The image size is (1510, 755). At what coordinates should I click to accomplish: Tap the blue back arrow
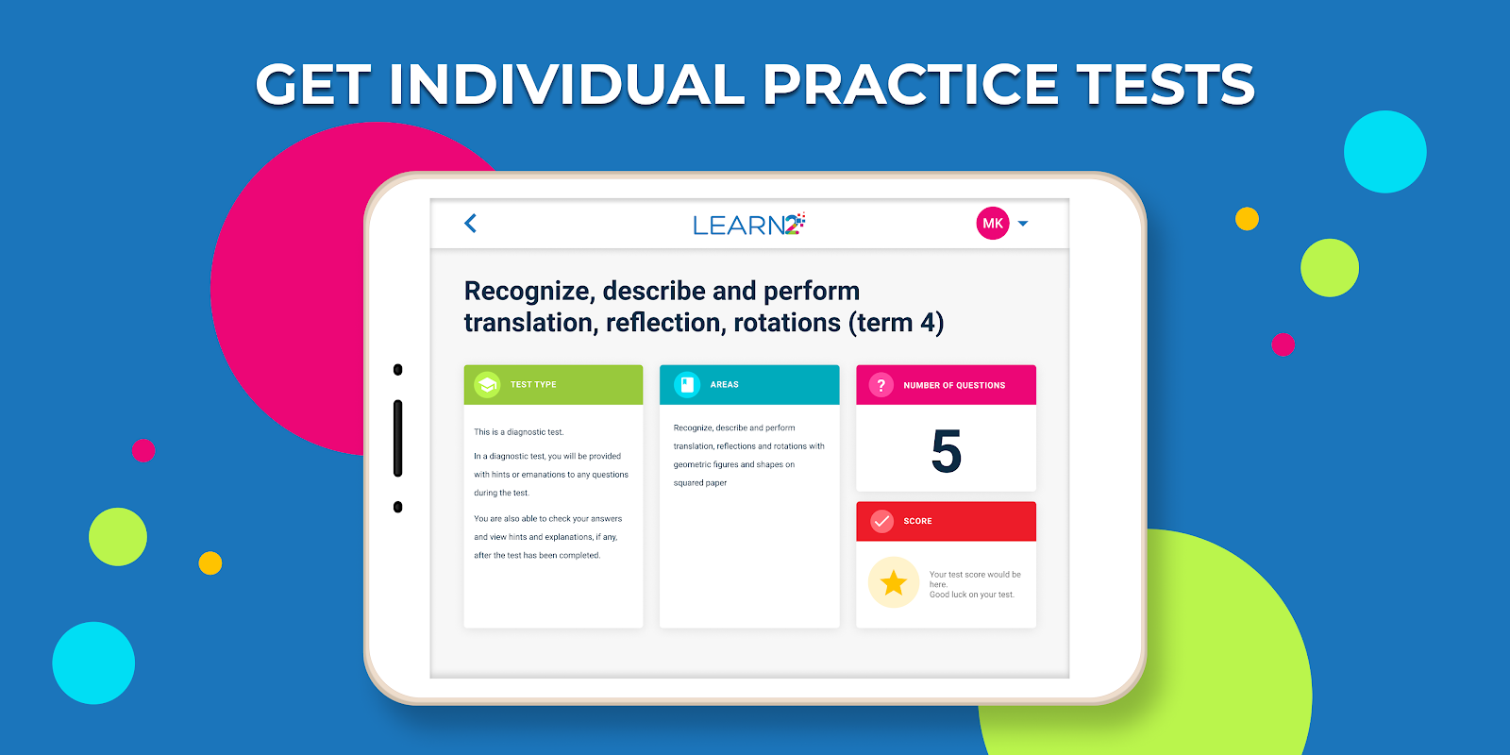click(x=471, y=223)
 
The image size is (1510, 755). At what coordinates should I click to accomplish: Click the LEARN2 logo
click(x=749, y=224)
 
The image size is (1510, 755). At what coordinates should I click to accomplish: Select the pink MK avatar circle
click(x=992, y=223)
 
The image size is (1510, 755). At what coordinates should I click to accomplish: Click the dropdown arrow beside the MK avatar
click(x=1023, y=223)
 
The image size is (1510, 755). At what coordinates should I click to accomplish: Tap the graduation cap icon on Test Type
click(x=487, y=385)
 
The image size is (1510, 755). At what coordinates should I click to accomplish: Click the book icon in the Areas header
click(x=687, y=385)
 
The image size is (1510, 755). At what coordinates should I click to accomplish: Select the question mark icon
click(x=881, y=385)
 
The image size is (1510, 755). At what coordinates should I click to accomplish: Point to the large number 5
click(x=946, y=451)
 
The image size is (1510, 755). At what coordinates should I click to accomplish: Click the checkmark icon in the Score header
click(x=881, y=521)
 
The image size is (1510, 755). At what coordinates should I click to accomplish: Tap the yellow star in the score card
click(x=893, y=582)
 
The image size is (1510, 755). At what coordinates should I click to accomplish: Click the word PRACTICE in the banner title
click(x=910, y=84)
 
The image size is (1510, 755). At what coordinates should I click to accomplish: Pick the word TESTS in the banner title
click(x=1166, y=84)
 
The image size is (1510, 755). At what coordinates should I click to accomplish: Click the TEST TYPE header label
click(x=533, y=384)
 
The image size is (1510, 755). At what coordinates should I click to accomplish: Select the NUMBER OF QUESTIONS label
click(x=954, y=385)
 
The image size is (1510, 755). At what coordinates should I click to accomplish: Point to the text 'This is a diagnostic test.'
click(x=518, y=432)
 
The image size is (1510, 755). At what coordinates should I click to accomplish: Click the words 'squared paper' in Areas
click(x=699, y=482)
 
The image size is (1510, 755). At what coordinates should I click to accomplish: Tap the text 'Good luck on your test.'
click(x=971, y=595)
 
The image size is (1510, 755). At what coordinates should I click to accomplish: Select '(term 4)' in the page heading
click(x=896, y=323)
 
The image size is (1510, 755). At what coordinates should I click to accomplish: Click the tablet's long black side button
click(x=397, y=438)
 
